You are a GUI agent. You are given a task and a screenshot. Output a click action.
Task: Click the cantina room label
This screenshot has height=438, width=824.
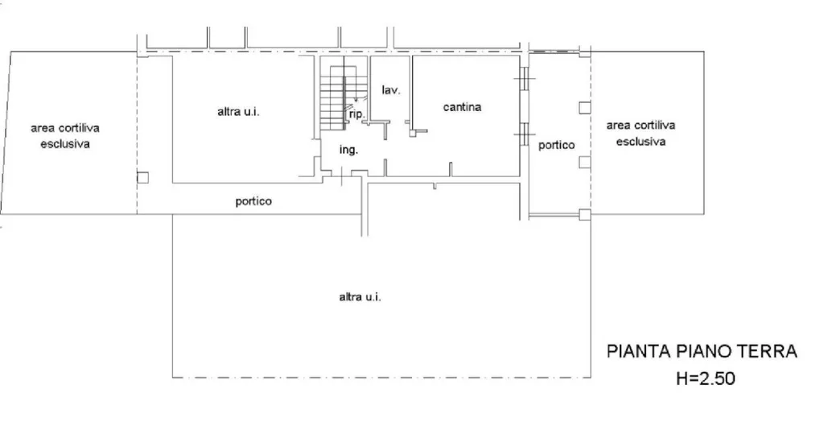point(462,107)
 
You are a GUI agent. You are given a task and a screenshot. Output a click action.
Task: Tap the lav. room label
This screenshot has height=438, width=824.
point(391,90)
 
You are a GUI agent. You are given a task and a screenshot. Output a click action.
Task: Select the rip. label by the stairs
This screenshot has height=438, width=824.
point(356,114)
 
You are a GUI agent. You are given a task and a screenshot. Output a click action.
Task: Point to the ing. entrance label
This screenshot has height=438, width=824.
point(348,151)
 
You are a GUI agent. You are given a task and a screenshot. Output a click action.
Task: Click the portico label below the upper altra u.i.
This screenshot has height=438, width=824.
point(253,201)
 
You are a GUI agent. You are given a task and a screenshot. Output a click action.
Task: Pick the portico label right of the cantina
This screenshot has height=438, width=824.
point(557,145)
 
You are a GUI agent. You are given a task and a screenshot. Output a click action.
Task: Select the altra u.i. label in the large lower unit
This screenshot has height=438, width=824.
point(360,297)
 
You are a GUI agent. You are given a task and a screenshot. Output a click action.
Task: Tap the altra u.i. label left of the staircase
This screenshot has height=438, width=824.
point(238,111)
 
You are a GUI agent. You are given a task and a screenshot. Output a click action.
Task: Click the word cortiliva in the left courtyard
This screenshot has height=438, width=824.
point(78,128)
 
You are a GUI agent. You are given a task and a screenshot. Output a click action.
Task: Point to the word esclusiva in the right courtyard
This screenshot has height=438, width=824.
point(641,142)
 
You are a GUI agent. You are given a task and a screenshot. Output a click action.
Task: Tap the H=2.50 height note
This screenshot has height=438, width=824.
point(705,378)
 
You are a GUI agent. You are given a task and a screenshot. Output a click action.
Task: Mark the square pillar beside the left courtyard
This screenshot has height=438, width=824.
point(142,177)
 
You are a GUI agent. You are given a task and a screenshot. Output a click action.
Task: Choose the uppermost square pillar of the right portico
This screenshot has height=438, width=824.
point(585,108)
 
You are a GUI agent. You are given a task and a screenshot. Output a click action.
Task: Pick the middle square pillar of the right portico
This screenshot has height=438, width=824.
point(585,162)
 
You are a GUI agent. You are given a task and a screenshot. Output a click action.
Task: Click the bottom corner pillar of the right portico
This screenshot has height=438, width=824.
point(585,214)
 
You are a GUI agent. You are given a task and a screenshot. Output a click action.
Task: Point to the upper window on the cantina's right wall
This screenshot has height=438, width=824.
point(524,79)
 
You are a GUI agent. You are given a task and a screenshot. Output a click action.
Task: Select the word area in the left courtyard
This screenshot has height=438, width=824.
point(42,128)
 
